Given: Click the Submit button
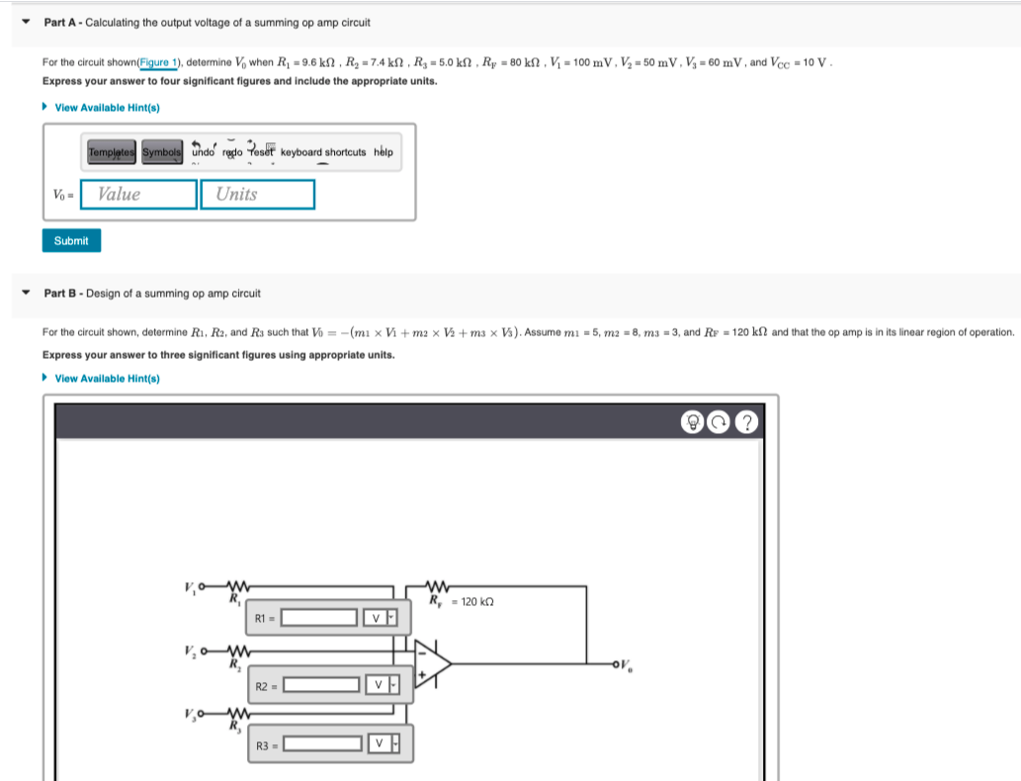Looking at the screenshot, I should pyautogui.click(x=71, y=240).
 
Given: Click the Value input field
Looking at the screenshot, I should pyautogui.click(x=139, y=195).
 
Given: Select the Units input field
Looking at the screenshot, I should pyautogui.click(x=257, y=195).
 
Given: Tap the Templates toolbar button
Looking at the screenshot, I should pyautogui.click(x=113, y=152).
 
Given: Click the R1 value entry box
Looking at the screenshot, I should pyautogui.click(x=319, y=618).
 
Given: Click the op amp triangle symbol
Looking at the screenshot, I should pyautogui.click(x=432, y=663).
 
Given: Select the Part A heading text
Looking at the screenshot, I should pyautogui.click(x=208, y=22).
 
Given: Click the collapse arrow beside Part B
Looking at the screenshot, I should pyautogui.click(x=26, y=293).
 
